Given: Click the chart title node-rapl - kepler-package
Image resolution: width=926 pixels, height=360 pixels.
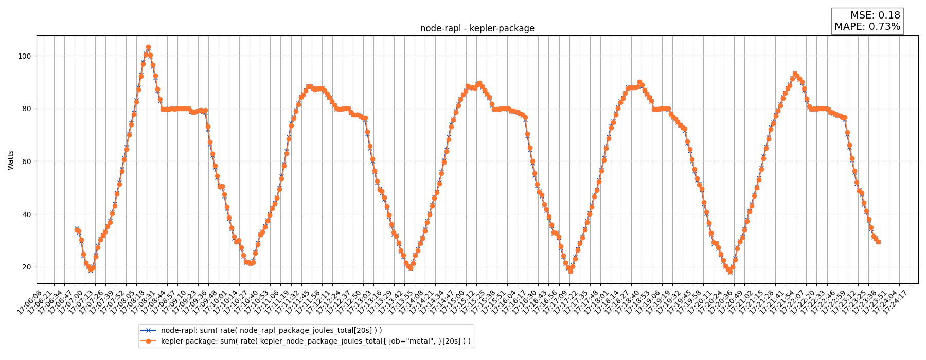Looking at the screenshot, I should click(477, 29).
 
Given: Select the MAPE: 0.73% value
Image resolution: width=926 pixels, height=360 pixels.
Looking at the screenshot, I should click(867, 27).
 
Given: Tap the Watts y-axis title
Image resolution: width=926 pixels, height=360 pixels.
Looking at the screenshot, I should click(11, 160).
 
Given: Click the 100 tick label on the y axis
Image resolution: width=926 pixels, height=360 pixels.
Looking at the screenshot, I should click(26, 56).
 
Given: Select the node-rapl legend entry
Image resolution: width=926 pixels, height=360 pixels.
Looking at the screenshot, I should click(271, 330).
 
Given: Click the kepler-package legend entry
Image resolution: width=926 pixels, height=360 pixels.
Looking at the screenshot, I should click(315, 341).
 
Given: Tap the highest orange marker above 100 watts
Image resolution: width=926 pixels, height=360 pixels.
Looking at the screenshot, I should click(148, 47).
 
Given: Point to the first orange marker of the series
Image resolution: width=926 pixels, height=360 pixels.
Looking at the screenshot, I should click(76, 230).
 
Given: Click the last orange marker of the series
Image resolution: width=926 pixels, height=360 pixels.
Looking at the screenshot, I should click(878, 242).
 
